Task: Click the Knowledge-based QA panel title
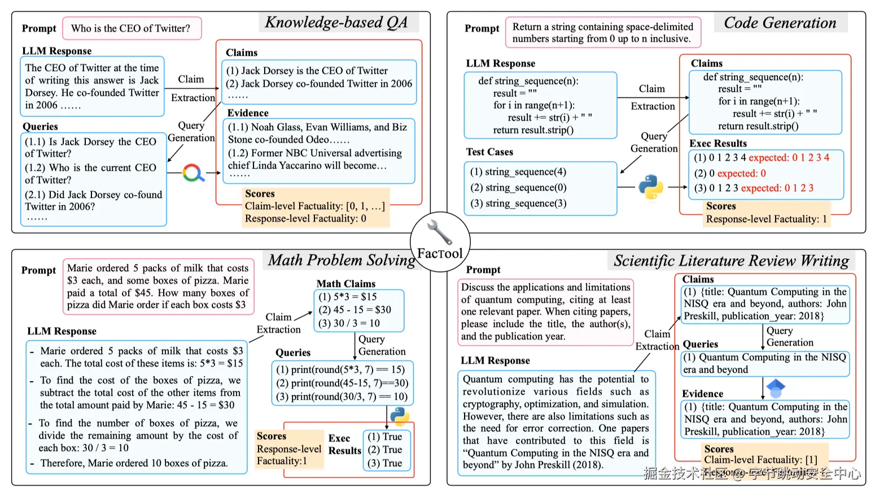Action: click(336, 23)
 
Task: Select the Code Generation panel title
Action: click(780, 23)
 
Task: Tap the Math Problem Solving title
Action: click(342, 260)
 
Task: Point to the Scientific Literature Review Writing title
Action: click(731, 260)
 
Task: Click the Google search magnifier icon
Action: click(193, 173)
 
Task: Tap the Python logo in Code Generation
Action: click(650, 187)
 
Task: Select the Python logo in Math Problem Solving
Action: click(400, 416)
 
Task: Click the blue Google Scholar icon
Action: click(776, 387)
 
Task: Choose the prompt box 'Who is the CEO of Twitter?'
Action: click(131, 28)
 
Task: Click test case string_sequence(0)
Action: click(518, 188)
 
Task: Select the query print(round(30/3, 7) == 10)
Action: click(342, 396)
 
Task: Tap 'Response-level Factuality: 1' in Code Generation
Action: click(766, 219)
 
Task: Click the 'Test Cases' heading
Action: click(489, 152)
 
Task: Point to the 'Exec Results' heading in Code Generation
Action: click(718, 143)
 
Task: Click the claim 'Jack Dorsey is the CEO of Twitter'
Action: click(307, 70)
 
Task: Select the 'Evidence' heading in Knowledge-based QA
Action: click(247, 113)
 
